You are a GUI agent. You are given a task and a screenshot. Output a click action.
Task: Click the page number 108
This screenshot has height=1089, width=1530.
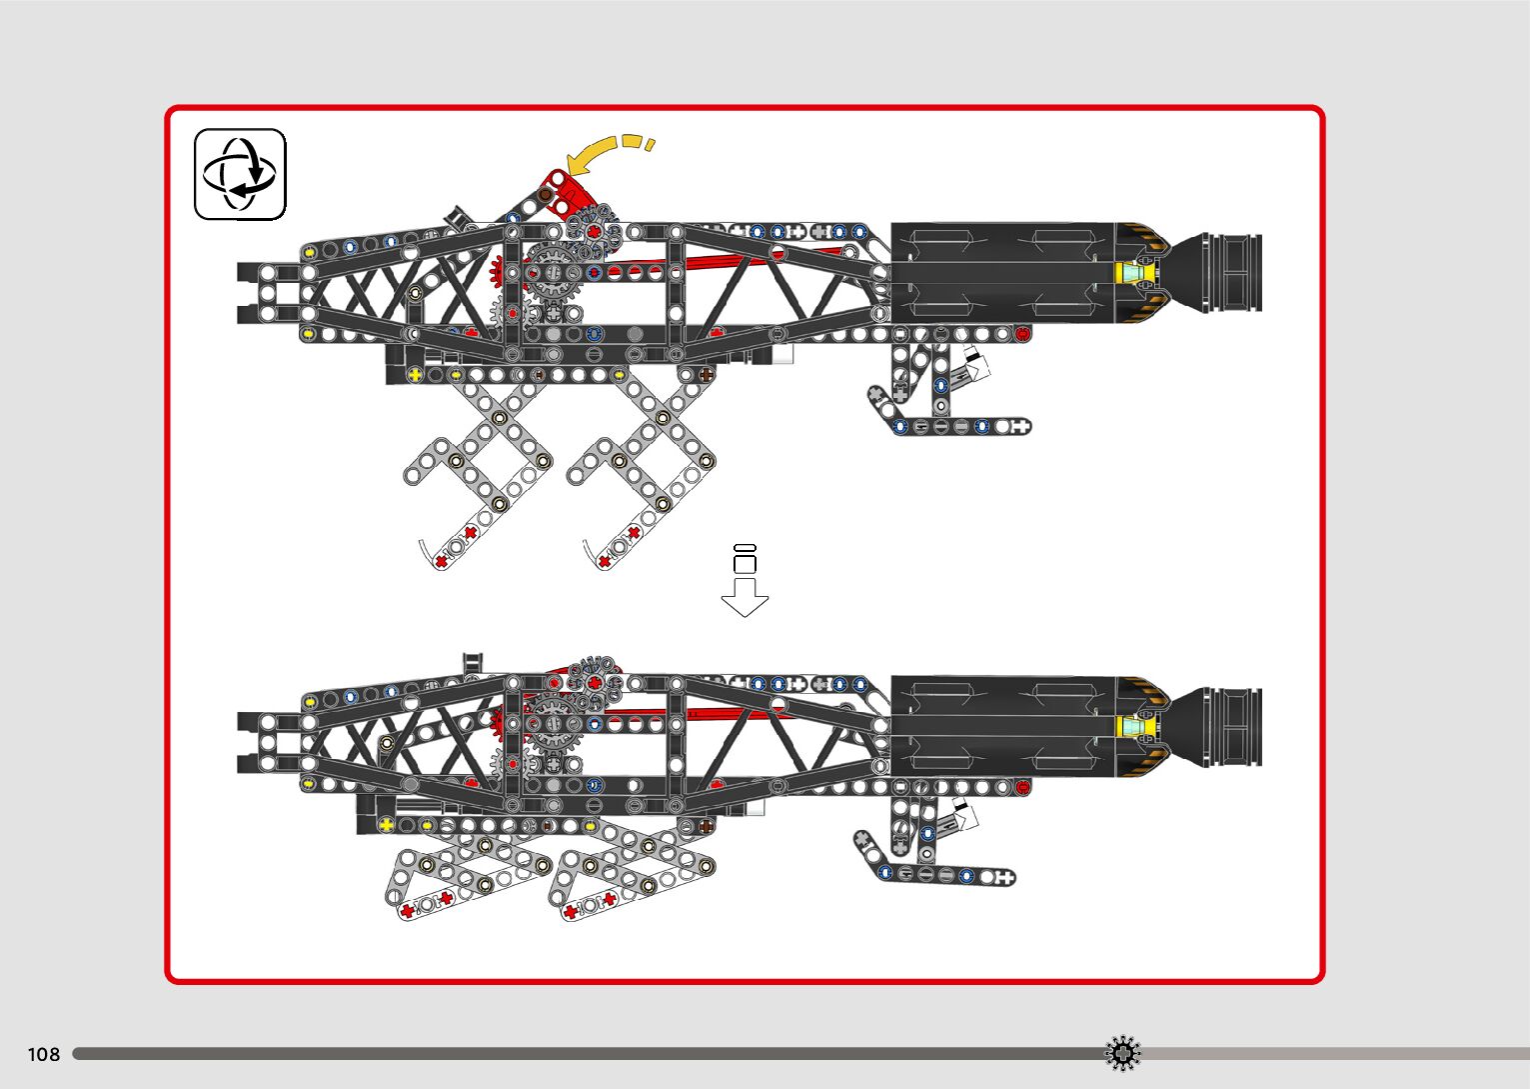(44, 1054)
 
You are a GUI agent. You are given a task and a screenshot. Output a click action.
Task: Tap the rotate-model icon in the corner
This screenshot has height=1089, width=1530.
(240, 174)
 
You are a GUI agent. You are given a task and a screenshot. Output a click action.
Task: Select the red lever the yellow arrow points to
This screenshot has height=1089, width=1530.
(563, 191)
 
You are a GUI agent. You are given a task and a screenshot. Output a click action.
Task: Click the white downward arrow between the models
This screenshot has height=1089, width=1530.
(745, 597)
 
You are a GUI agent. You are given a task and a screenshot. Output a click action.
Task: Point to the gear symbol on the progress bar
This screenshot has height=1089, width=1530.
(1122, 1053)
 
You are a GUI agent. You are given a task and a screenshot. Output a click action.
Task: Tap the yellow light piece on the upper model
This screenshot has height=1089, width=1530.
(1135, 272)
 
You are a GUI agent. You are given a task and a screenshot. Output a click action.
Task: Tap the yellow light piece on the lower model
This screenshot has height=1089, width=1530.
(1135, 726)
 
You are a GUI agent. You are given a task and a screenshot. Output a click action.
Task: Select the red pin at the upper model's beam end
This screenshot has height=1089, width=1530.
(1022, 334)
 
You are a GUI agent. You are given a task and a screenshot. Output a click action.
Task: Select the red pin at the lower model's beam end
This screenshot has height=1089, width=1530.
(1022, 788)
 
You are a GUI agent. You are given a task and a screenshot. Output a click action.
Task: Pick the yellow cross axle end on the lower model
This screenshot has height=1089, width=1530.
(387, 826)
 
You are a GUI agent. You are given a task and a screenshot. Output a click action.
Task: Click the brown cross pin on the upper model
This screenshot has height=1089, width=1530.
(707, 375)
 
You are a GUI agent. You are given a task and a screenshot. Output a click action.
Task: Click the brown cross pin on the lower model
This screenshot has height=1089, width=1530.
(707, 826)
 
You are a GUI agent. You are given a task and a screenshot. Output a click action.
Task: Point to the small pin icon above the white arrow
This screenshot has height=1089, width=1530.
(745, 559)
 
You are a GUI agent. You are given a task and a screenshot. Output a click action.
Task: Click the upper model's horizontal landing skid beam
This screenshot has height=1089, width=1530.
(959, 427)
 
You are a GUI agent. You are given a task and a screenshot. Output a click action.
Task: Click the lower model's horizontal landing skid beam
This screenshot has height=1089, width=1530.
(945, 876)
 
